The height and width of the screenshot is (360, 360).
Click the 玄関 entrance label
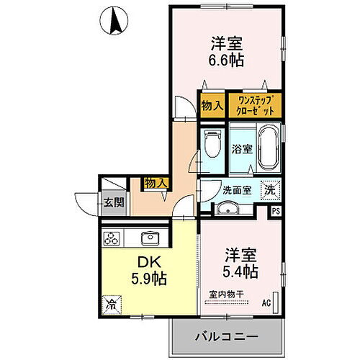pos(113,202)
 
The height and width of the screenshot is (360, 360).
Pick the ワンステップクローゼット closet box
pos(253,104)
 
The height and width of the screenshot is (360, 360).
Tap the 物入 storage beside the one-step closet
pos(212,105)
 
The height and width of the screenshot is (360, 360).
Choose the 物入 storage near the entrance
pos(156,184)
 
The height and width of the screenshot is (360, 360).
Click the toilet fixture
pos(212,146)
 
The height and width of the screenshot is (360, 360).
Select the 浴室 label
pos(241,150)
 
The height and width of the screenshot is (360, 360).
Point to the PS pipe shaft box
pos(276,211)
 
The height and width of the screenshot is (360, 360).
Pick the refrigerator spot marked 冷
pos(112,304)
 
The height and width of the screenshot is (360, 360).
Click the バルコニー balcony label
pos(225,336)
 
